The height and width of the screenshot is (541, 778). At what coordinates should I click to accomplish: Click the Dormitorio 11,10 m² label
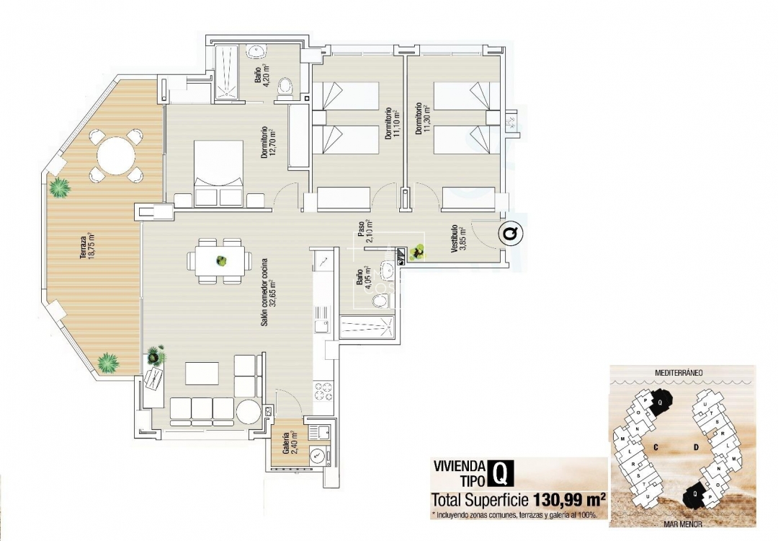tap(391, 123)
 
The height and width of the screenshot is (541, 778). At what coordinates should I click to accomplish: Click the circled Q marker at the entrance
tap(511, 234)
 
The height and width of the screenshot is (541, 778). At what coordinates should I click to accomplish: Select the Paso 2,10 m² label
tap(364, 233)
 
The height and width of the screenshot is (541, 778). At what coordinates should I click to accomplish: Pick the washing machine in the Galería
tap(318, 456)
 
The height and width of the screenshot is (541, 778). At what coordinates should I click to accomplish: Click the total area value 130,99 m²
tap(568, 499)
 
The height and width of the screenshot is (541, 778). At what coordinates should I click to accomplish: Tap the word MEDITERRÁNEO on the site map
tap(679, 373)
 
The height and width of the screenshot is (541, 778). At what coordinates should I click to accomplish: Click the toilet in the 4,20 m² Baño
tap(286, 89)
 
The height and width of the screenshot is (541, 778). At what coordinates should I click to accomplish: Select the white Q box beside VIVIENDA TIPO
tap(500, 473)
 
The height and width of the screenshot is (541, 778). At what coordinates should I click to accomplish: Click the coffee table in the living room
tap(202, 373)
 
